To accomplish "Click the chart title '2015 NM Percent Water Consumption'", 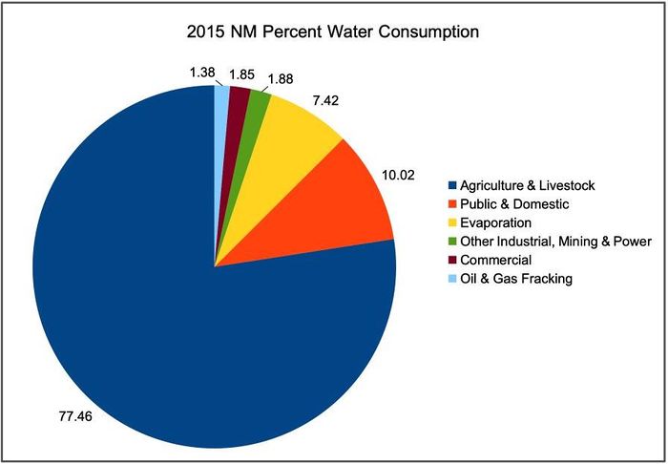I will [333, 32].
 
